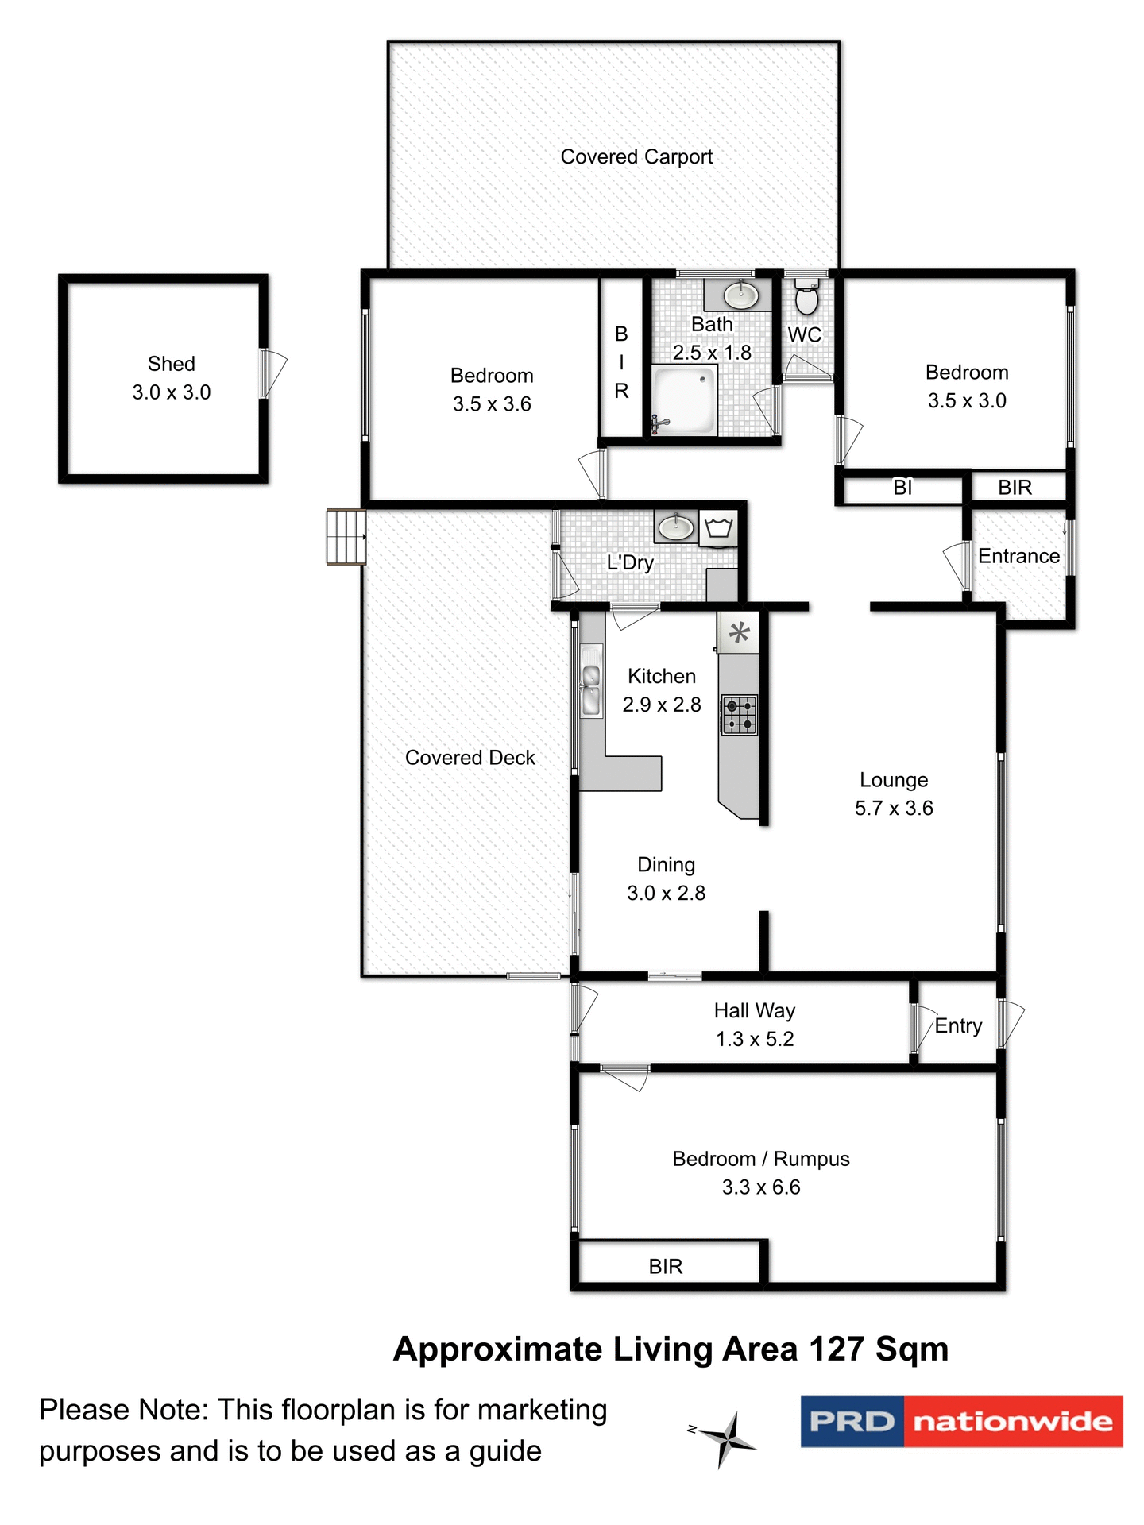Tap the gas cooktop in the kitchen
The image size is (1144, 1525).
coord(739,715)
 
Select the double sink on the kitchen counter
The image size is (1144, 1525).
coord(591,688)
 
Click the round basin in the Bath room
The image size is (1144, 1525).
coord(741,295)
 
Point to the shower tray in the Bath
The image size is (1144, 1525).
coord(683,400)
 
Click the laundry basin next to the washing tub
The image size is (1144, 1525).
coord(676,526)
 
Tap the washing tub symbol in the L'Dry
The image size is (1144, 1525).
coord(718,528)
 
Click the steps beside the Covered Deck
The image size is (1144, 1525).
coord(346,537)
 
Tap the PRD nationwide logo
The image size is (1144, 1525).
coord(961,1421)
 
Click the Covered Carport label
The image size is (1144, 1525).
coord(636,157)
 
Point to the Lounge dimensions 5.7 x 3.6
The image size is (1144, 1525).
coord(894,809)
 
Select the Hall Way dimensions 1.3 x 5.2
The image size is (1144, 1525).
coord(755,1039)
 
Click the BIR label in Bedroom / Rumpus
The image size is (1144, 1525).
coord(666,1266)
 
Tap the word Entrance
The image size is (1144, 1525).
coord(1018,556)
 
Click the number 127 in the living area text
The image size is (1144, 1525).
coord(837,1349)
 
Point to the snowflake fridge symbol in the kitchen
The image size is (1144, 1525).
coord(739,633)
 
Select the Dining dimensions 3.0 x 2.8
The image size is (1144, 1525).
coord(666,894)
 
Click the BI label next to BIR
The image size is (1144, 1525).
coord(902,488)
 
